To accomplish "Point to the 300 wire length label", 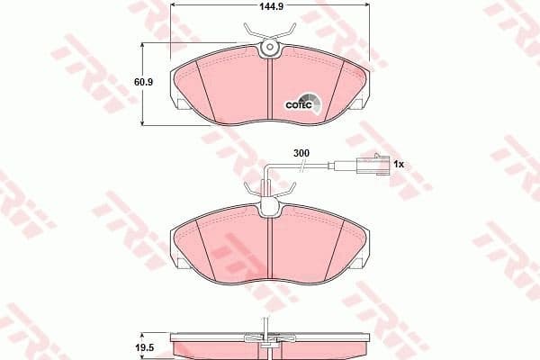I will pyautogui.click(x=301, y=154).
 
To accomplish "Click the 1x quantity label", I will pyautogui.click(x=401, y=164).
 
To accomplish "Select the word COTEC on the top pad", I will pyautogui.click(x=298, y=103).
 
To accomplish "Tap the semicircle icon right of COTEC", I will pyautogui.click(x=310, y=100).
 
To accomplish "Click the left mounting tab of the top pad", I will pyautogui.click(x=182, y=104).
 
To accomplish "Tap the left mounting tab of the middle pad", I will pyautogui.click(x=182, y=263).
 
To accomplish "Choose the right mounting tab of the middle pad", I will pyautogui.click(x=361, y=263).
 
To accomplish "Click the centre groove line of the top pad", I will pyautogui.click(x=271, y=90).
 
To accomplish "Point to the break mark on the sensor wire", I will pyautogui.click(x=329, y=164).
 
